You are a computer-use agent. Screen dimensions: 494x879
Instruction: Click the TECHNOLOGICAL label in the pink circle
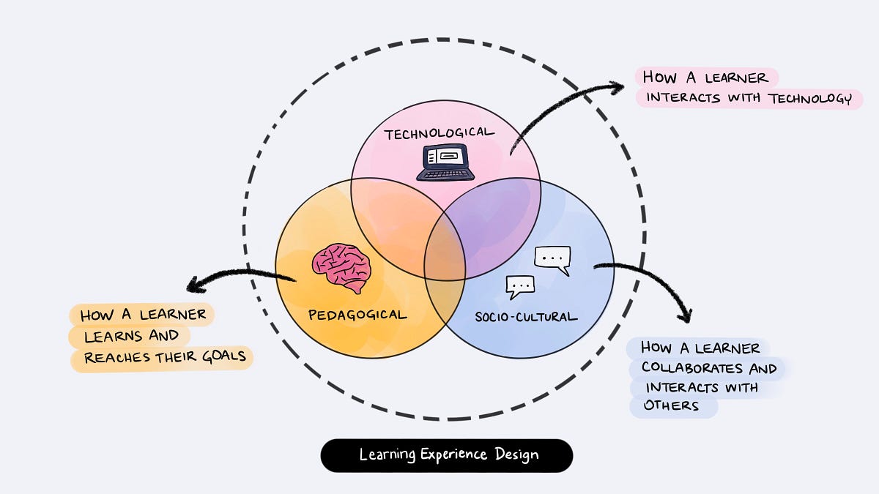click(x=439, y=133)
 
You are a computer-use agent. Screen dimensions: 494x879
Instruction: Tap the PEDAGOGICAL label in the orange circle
click(x=357, y=315)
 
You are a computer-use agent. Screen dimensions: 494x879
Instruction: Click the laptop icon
click(x=445, y=162)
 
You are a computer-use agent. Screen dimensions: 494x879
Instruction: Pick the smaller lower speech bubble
click(x=521, y=285)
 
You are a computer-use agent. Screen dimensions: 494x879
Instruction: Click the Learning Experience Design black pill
click(x=447, y=455)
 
